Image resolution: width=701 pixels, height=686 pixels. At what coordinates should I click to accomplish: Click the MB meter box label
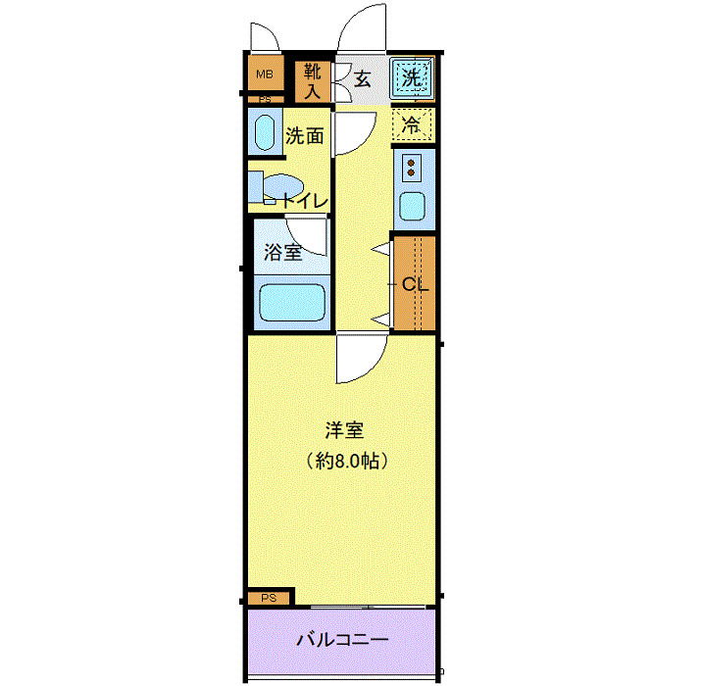(263, 74)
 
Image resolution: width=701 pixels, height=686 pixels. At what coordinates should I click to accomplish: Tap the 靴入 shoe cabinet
(312, 82)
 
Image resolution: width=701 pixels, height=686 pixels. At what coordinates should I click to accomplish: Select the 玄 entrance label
(362, 79)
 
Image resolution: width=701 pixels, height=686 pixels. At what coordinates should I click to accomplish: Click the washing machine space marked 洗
(412, 78)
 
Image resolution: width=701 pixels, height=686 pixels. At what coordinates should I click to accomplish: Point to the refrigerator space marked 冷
(413, 124)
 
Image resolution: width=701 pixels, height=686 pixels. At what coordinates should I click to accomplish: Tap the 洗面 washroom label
(304, 136)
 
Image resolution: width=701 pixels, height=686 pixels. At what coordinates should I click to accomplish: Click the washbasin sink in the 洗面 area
(264, 132)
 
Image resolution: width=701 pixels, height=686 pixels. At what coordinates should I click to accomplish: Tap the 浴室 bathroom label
(282, 252)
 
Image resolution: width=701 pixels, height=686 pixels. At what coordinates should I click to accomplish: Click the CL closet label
(414, 285)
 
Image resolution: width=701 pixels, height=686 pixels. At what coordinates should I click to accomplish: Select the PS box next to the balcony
(269, 598)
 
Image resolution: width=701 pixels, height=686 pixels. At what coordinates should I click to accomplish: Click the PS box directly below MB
(265, 99)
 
